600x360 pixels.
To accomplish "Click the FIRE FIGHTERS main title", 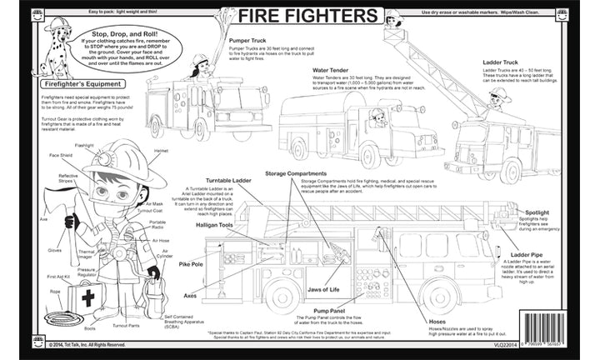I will click(x=299, y=16).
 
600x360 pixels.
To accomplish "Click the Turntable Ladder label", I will click(x=206, y=180).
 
